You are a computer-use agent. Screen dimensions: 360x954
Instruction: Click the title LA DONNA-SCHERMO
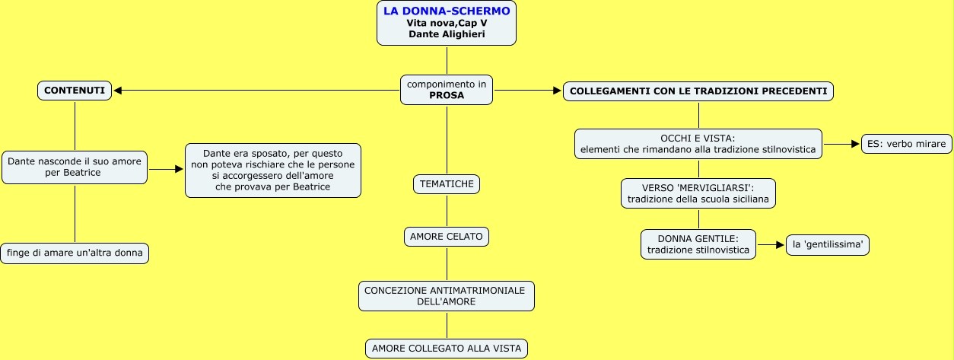[x=447, y=11]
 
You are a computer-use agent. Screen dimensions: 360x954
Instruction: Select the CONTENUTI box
[x=75, y=91]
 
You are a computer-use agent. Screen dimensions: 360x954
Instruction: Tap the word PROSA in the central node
[x=447, y=96]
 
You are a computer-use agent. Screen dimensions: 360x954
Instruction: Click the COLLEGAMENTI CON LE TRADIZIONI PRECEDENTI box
[x=698, y=91]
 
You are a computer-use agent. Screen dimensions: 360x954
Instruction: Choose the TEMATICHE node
[x=447, y=183]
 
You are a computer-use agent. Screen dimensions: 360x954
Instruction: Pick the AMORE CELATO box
[x=447, y=237]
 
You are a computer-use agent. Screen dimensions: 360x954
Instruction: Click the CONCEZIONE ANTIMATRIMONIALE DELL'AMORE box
[x=447, y=296]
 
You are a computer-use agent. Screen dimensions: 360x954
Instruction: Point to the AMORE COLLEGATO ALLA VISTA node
[x=447, y=349]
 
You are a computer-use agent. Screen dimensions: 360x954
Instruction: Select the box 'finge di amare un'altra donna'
[x=75, y=253]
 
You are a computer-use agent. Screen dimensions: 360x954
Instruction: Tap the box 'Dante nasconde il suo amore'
[x=75, y=167]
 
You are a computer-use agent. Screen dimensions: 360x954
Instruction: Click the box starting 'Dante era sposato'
[x=272, y=170]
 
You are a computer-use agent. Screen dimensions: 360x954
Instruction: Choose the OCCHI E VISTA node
[x=698, y=144]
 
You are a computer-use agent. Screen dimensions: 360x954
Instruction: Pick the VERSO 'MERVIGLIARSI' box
[x=698, y=193]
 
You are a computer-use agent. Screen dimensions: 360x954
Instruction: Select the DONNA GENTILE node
[x=698, y=244]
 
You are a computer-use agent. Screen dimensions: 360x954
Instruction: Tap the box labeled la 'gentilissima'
[x=827, y=244]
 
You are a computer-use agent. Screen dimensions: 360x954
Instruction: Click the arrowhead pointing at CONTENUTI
[x=118, y=91]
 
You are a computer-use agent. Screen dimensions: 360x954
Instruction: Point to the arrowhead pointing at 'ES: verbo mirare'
[x=855, y=144]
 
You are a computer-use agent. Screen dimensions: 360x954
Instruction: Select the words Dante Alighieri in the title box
[x=447, y=34]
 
